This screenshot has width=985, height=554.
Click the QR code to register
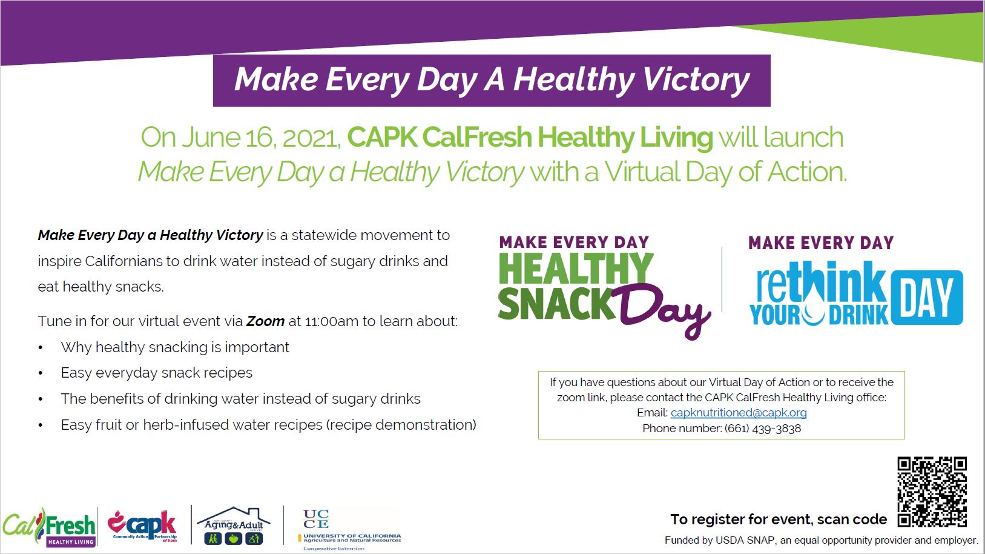932,492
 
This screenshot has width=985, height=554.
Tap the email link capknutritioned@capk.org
739,413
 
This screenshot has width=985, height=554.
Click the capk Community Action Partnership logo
143,526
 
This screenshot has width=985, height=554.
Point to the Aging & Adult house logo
234,526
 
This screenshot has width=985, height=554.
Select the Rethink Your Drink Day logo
855,281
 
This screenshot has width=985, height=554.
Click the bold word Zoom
265,321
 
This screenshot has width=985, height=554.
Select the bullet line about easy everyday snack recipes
156,373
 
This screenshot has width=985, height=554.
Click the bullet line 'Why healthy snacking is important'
175,347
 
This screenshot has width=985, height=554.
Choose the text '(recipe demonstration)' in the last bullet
401,425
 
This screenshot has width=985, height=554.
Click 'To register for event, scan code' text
779,519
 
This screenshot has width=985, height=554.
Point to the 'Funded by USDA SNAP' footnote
821,540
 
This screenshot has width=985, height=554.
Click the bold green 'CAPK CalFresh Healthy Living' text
530,138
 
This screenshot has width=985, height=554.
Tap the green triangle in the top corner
908,39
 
